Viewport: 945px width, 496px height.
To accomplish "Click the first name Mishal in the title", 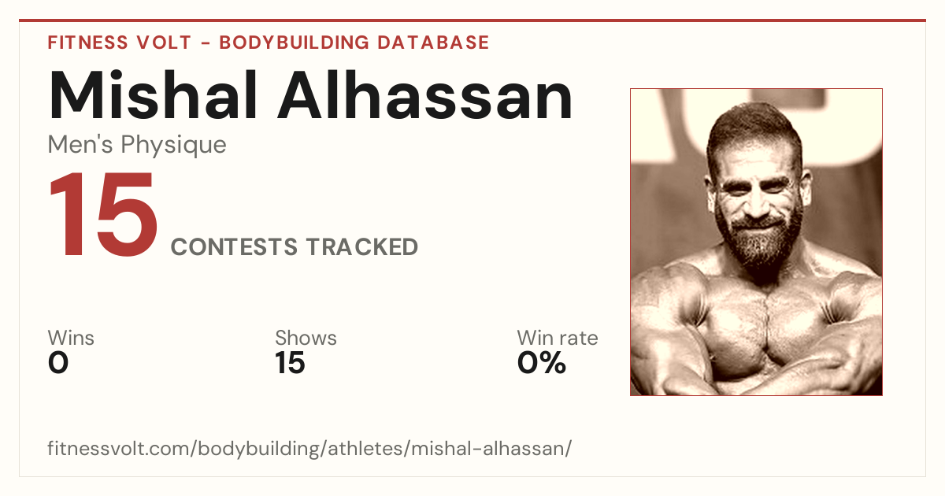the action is [153, 95].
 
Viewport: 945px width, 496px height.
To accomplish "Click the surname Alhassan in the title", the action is [424, 95].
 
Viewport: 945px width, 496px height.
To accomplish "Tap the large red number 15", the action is [103, 214].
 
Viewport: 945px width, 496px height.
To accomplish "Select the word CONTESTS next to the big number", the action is [234, 246].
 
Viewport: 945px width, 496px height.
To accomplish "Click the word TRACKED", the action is [362, 246].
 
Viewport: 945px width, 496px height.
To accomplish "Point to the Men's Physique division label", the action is [137, 146].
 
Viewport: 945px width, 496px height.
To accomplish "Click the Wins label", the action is [71, 338].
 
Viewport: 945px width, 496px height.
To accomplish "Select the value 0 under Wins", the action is [58, 363].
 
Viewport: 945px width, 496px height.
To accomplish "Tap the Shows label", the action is [306, 338].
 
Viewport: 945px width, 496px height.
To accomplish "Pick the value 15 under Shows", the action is [290, 363].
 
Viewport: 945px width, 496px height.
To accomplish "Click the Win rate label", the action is [558, 338].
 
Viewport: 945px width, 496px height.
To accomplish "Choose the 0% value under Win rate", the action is [542, 363].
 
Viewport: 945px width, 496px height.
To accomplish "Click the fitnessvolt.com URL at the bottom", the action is [309, 449].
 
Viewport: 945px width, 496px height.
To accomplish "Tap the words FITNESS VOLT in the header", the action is [120, 43].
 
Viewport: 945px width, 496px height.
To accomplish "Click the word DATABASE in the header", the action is [433, 43].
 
